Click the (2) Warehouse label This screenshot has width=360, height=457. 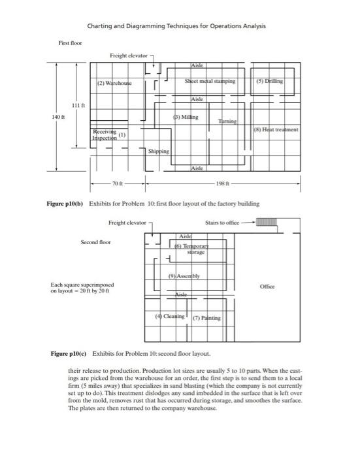click(114, 84)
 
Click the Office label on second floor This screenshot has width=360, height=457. click(268, 285)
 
